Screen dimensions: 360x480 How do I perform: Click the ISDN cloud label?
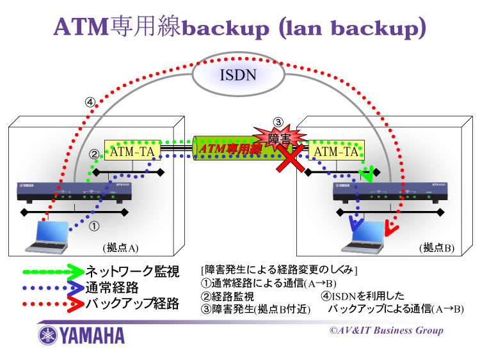[239, 75]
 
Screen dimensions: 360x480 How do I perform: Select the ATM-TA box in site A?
[132, 152]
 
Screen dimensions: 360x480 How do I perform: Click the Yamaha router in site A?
[74, 191]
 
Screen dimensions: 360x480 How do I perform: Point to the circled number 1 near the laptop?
[93, 225]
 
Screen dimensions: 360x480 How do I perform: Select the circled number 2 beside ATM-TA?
[93, 154]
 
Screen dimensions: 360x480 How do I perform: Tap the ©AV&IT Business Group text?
[386, 330]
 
